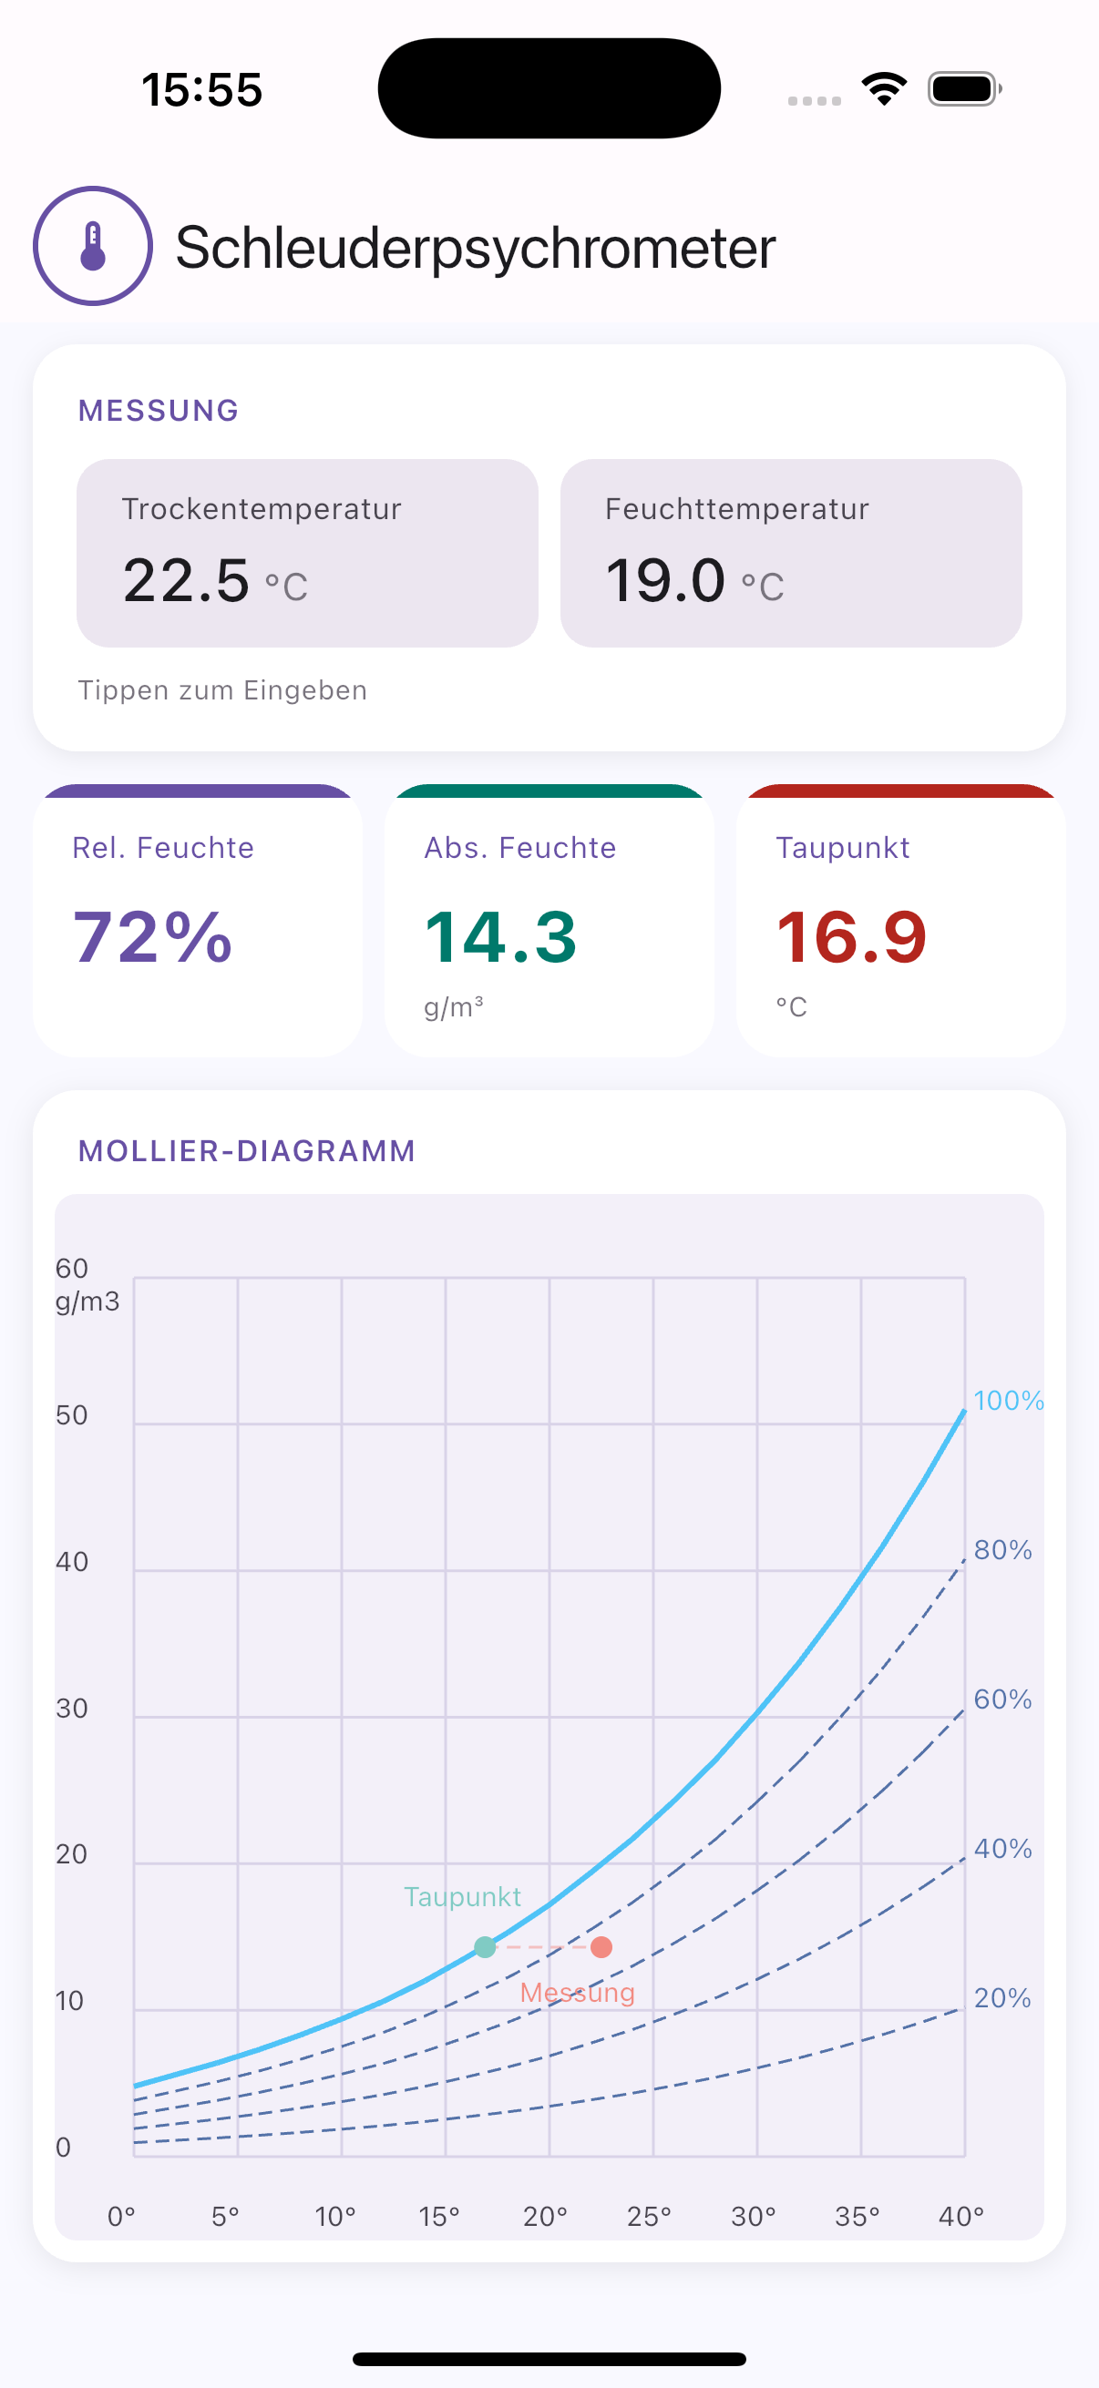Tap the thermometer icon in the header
(x=93, y=246)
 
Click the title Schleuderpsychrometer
(x=475, y=249)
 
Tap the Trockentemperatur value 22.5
(x=187, y=580)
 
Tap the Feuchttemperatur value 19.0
(x=665, y=580)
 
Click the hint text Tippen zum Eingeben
(x=222, y=690)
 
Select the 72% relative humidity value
(x=153, y=937)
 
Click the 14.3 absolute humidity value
(x=501, y=937)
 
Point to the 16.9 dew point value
(x=851, y=937)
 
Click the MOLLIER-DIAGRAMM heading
(x=247, y=1151)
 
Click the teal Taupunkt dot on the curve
(x=485, y=1947)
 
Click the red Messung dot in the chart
(x=601, y=1947)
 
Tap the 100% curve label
(x=1008, y=1401)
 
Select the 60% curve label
(x=1002, y=1699)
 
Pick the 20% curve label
(x=1002, y=1997)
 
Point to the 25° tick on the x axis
(x=648, y=2217)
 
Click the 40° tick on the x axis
(x=960, y=2217)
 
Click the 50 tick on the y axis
(x=71, y=1415)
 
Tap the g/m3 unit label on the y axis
(x=87, y=1301)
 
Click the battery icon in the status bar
(x=963, y=90)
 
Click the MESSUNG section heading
(x=159, y=411)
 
